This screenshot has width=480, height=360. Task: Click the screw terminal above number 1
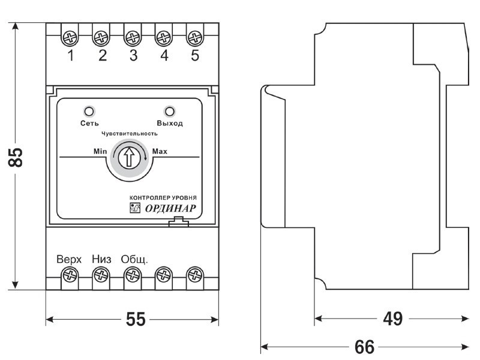tap(71, 38)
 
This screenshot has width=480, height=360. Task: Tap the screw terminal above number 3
tap(132, 38)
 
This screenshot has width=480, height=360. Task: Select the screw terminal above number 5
tap(193, 38)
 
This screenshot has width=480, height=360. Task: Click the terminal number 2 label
tap(102, 56)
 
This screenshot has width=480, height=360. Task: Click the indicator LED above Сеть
tap(89, 111)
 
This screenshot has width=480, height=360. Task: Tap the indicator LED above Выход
tap(170, 111)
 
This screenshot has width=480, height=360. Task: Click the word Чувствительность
tap(130, 133)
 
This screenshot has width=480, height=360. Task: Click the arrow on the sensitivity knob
tap(128, 158)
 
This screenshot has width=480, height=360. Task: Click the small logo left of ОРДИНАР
tap(134, 209)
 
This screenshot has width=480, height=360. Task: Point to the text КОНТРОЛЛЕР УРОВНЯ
tap(163, 197)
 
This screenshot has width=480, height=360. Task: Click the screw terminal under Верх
tap(71, 275)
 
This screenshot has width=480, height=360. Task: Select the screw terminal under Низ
tap(101, 275)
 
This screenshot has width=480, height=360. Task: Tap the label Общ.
tap(134, 260)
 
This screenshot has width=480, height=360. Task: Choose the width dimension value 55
tap(136, 320)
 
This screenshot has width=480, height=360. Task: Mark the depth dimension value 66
tap(364, 347)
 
